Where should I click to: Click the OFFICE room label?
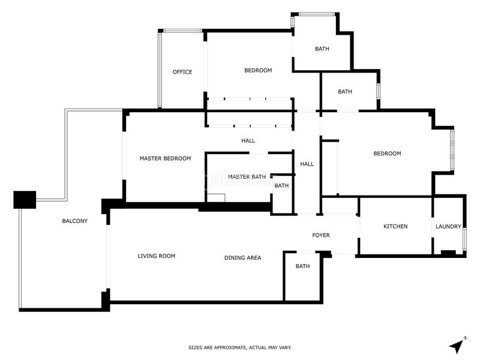[x=182, y=72]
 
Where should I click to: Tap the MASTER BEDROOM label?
[x=165, y=159]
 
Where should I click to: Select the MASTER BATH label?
[x=247, y=177]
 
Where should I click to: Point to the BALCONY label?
[x=75, y=221]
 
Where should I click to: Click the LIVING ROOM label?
[x=157, y=256]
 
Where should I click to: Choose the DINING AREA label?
[x=242, y=258]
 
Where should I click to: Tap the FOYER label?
[x=321, y=235]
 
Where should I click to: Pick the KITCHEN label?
[x=395, y=226]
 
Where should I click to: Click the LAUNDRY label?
[x=449, y=226]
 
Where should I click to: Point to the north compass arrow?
[x=458, y=346]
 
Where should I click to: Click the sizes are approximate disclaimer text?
[x=240, y=347]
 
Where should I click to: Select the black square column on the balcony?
[x=25, y=199]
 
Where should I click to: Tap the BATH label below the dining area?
[x=302, y=266]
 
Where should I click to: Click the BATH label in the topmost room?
[x=322, y=49]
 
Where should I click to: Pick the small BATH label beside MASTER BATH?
[x=281, y=186]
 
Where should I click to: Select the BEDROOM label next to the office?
[x=258, y=70]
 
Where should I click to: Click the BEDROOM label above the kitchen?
[x=387, y=154]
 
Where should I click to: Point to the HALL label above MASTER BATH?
[x=248, y=141]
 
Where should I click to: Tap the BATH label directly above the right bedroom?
[x=345, y=92]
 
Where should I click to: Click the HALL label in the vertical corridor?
[x=307, y=164]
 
